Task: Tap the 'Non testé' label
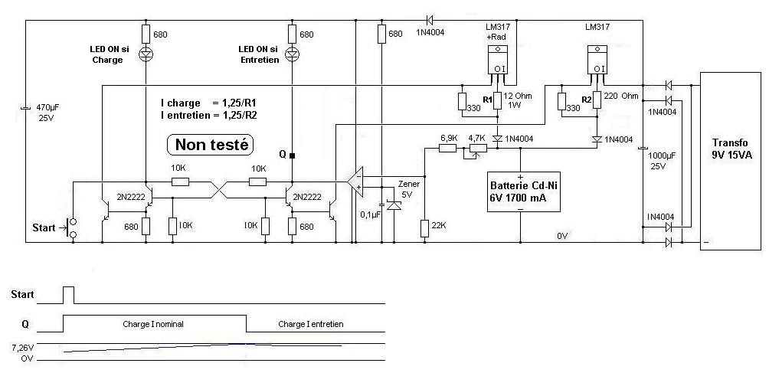[210, 144]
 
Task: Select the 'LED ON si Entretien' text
[258, 54]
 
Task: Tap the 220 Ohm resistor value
[621, 97]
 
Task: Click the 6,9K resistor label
[448, 138]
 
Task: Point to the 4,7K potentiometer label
[476, 138]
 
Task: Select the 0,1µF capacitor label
[371, 215]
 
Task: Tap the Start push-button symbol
[73, 227]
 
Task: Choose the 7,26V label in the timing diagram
[22, 347]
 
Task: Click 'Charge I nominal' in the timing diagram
[153, 324]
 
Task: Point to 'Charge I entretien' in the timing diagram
[311, 324]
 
